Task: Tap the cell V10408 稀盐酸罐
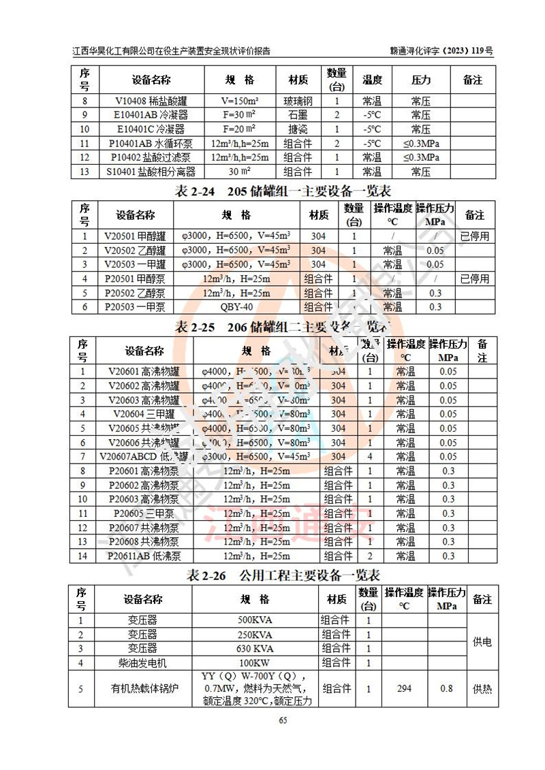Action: pos(152,101)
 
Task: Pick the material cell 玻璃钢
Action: pos(298,101)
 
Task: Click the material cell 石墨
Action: pos(298,115)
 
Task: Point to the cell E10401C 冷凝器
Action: pos(152,129)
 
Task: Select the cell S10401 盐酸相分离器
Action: pos(151,172)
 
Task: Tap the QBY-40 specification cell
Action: pos(236,307)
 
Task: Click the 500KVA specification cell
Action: pos(255,621)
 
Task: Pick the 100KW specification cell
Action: pos(255,662)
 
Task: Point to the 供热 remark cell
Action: pos(482,689)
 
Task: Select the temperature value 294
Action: pos(404,689)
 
